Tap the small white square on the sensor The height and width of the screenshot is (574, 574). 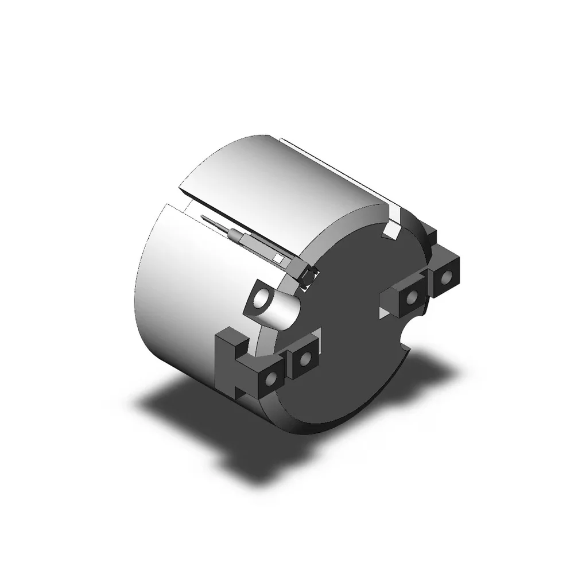click(x=278, y=258)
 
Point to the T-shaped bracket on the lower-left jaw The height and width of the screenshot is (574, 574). click(x=230, y=362)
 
